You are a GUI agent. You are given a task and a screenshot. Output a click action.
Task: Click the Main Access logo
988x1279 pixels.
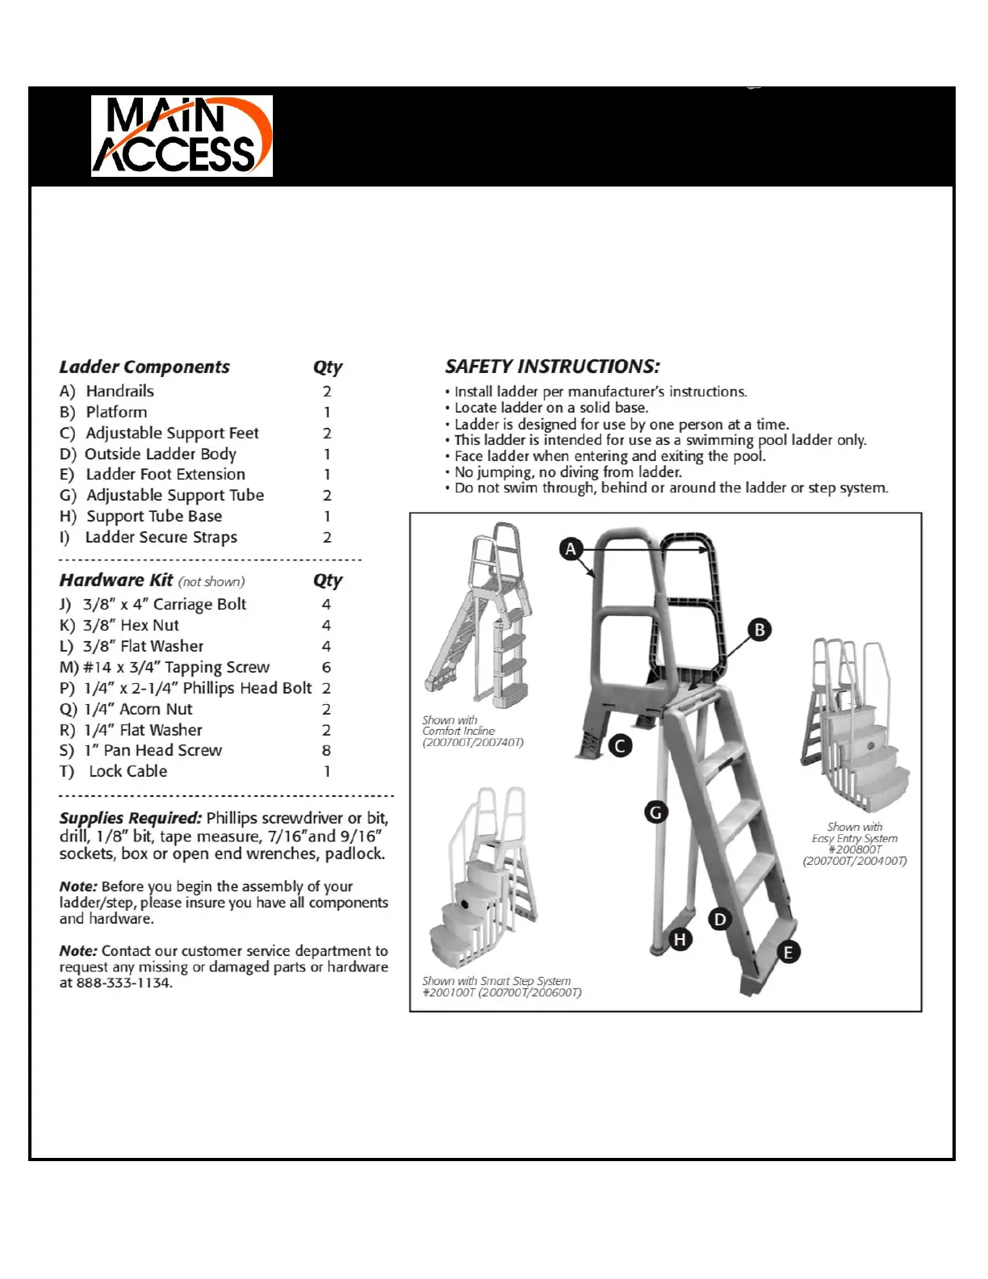point(182,136)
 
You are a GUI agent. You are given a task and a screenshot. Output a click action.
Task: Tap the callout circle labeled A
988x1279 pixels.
point(571,549)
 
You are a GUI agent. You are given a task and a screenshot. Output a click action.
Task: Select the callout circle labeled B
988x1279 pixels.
point(759,630)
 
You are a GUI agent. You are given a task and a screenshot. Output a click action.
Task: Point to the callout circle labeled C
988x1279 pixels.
point(620,745)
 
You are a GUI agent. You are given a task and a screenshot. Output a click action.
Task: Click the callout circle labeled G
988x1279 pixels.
point(655,812)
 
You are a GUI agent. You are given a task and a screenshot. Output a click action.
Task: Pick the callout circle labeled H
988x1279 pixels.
point(680,939)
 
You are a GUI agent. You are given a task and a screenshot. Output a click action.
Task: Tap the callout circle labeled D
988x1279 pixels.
point(719,919)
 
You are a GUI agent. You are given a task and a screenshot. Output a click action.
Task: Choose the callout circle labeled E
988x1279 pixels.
point(788,952)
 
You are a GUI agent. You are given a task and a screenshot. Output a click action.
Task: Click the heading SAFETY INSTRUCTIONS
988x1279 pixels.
point(552,367)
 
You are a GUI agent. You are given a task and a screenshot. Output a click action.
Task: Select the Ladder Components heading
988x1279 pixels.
point(144,367)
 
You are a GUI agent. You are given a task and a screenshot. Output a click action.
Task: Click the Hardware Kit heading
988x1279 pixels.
point(116,581)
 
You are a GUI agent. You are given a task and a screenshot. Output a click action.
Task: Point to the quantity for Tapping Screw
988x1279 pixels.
point(326,667)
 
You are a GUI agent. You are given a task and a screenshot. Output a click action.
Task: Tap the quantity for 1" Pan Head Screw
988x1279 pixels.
point(326,750)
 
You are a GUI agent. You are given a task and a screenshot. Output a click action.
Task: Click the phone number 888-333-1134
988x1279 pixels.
point(123,983)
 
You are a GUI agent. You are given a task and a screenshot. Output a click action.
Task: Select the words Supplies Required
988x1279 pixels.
point(130,818)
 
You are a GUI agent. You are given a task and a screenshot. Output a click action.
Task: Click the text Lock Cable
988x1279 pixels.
point(128,771)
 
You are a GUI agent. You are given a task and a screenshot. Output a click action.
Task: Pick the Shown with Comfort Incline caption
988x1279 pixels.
point(472,731)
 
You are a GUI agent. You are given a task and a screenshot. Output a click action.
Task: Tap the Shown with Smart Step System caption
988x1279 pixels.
point(501,986)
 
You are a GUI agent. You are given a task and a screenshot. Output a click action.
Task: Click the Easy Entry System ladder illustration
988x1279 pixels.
point(854,727)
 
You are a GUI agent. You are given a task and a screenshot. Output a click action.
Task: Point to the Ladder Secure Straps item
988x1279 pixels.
point(161,537)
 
